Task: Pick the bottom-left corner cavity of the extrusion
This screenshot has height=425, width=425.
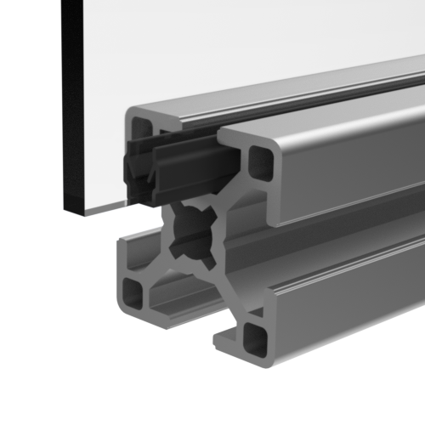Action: coord(133,292)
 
